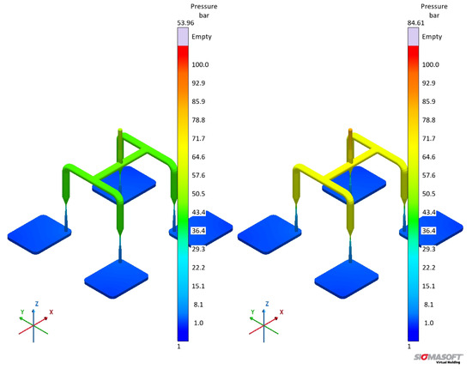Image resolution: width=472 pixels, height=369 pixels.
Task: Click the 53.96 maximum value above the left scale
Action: point(185,23)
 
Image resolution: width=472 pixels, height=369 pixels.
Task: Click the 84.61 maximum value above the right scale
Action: point(415,23)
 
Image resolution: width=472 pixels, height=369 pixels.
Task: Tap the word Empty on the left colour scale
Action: point(202,37)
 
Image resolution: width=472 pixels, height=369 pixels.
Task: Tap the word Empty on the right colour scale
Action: point(432,37)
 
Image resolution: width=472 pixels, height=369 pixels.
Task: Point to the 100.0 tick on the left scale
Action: point(201,64)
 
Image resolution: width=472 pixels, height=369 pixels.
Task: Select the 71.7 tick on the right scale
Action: point(428,138)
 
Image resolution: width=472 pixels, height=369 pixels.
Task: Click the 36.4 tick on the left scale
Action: point(199,231)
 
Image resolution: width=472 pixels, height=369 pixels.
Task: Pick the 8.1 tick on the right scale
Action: point(428,305)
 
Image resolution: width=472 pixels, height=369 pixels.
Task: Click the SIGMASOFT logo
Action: point(438,358)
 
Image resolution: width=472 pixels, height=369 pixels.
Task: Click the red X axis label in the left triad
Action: point(51,312)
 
